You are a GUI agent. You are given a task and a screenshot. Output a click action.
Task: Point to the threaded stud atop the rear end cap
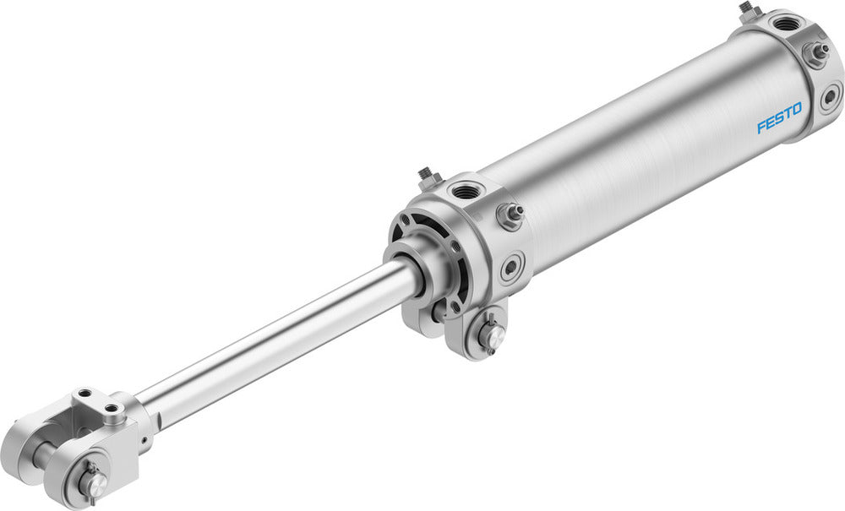click(747, 10)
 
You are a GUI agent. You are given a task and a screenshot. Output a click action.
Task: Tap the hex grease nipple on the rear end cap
click(815, 52)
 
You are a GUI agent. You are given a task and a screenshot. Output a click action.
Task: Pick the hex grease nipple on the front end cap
click(509, 215)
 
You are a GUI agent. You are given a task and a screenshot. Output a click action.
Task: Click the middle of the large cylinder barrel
click(642, 152)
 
